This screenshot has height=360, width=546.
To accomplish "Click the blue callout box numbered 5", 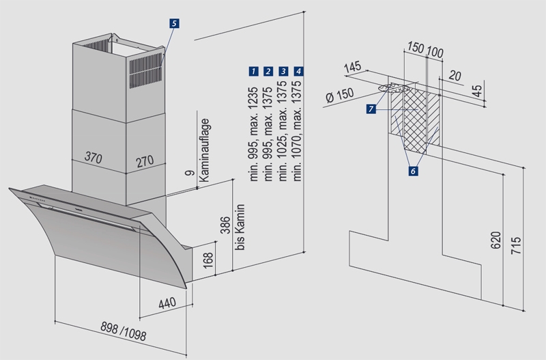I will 175,23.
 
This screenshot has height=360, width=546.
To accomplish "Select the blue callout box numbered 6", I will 413,171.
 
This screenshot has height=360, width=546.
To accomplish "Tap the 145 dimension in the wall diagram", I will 353,68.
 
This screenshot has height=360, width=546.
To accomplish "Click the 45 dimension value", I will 477,89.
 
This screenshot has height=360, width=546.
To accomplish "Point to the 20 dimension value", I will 455,76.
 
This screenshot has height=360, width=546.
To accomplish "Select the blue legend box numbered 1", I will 253,71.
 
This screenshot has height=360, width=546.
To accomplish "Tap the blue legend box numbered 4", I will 298,71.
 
